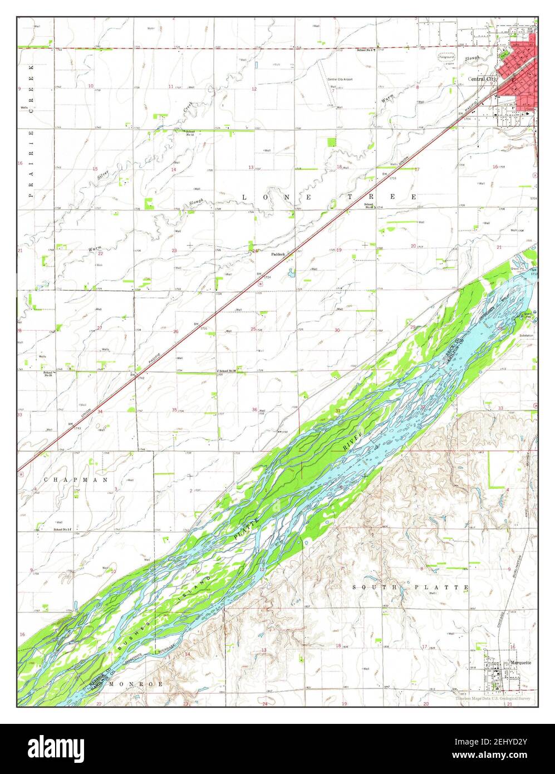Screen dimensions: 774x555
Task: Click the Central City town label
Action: [482, 79]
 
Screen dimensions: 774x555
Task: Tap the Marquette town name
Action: [520, 663]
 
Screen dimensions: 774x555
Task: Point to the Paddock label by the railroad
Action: [278, 254]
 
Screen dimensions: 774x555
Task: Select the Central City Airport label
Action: [340, 79]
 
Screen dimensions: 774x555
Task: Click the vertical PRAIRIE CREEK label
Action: [31, 131]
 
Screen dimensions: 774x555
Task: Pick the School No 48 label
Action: [369, 205]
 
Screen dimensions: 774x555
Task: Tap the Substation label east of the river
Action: [526, 336]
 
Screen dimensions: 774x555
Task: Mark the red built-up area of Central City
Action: [519, 72]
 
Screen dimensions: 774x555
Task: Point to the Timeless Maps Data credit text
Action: [493, 698]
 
